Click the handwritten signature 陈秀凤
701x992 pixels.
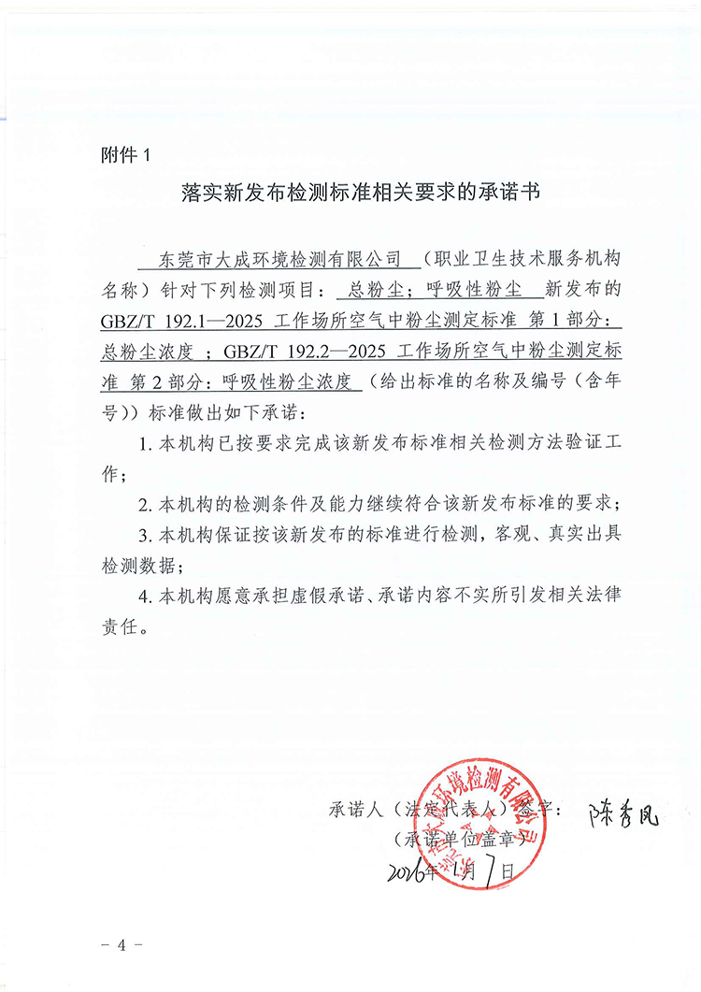pyautogui.click(x=623, y=814)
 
